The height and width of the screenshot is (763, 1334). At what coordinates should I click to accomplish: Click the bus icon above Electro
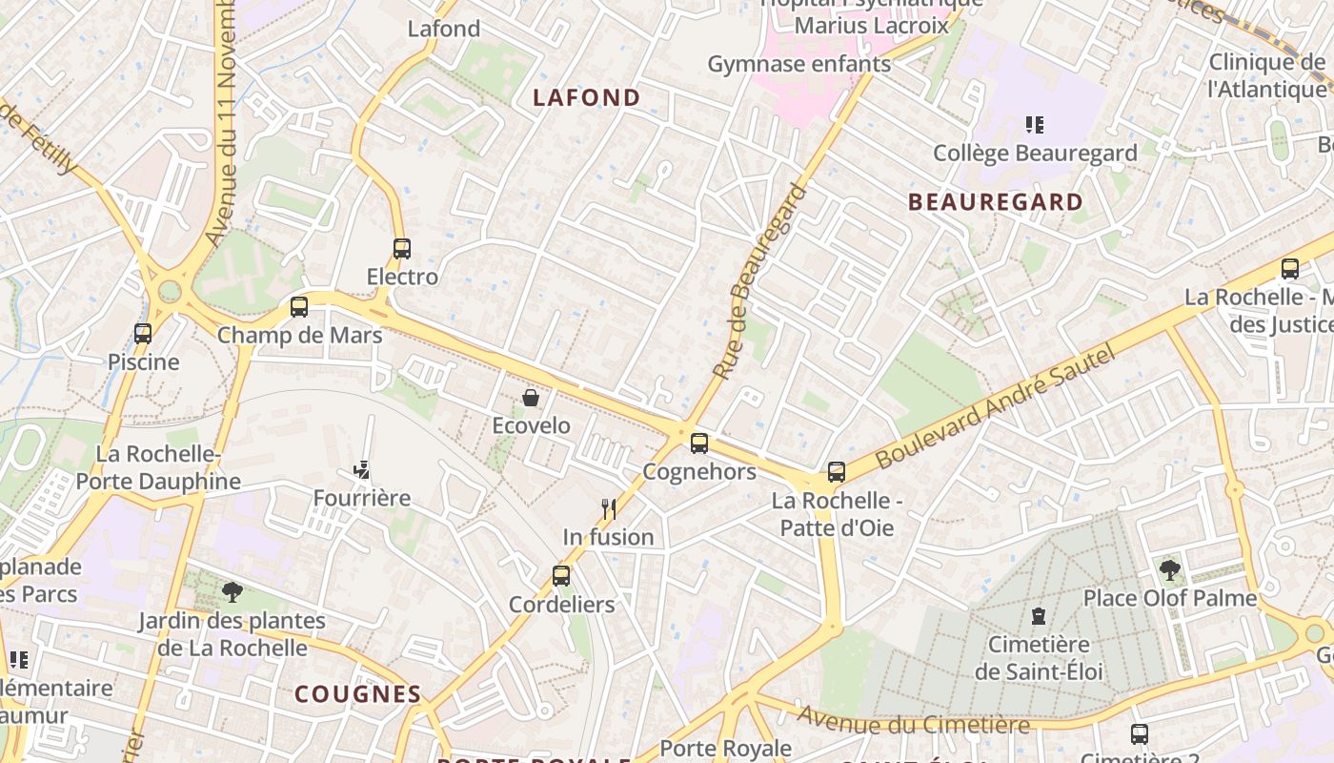402,249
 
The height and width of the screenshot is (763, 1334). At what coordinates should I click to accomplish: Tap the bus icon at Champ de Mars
299,307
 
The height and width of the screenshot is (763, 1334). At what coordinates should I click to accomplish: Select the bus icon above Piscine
143,334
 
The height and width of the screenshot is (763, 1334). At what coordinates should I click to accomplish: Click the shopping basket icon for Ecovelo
531,398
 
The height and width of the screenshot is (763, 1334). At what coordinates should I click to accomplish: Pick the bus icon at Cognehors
699,443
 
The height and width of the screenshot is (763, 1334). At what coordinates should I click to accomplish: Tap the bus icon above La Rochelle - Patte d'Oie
837,472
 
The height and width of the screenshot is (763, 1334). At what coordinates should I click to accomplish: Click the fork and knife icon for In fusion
609,508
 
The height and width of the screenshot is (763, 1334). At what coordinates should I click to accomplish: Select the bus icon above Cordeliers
561,576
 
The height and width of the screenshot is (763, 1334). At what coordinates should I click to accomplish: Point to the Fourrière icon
362,469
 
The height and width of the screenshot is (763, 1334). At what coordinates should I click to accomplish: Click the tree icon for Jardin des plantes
232,592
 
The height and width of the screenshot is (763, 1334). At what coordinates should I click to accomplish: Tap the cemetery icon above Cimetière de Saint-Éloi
1039,616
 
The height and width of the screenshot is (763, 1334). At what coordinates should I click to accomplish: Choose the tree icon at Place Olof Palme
1169,570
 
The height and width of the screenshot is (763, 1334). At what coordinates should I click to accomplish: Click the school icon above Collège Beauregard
1035,124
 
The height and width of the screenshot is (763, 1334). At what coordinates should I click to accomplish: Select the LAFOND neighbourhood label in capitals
586,97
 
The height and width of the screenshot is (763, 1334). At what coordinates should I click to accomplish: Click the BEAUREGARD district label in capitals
996,202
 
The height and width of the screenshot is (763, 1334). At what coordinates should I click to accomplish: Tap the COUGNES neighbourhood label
357,694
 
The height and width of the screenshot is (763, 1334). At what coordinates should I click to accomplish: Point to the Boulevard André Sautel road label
995,407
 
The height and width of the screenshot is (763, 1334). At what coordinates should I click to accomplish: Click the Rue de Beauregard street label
758,281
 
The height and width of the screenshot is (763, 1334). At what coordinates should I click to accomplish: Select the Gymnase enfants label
798,64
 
